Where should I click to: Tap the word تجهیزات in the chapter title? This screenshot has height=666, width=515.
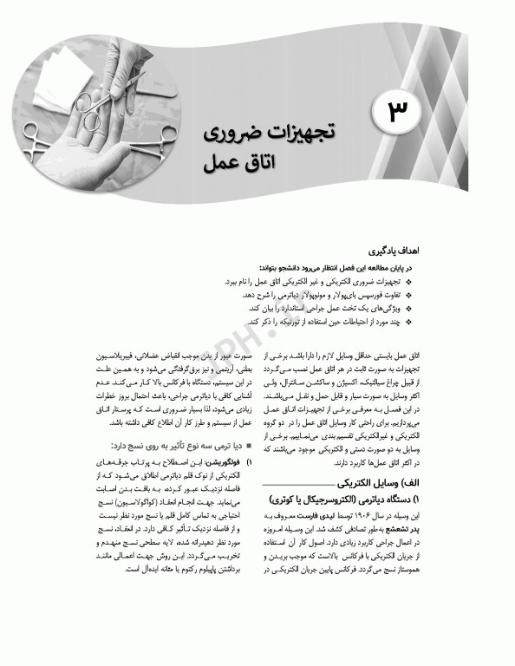307,131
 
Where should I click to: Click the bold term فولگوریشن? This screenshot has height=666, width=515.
210,463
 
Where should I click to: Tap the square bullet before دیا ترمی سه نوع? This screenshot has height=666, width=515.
250,446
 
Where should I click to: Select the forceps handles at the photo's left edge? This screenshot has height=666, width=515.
35,130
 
